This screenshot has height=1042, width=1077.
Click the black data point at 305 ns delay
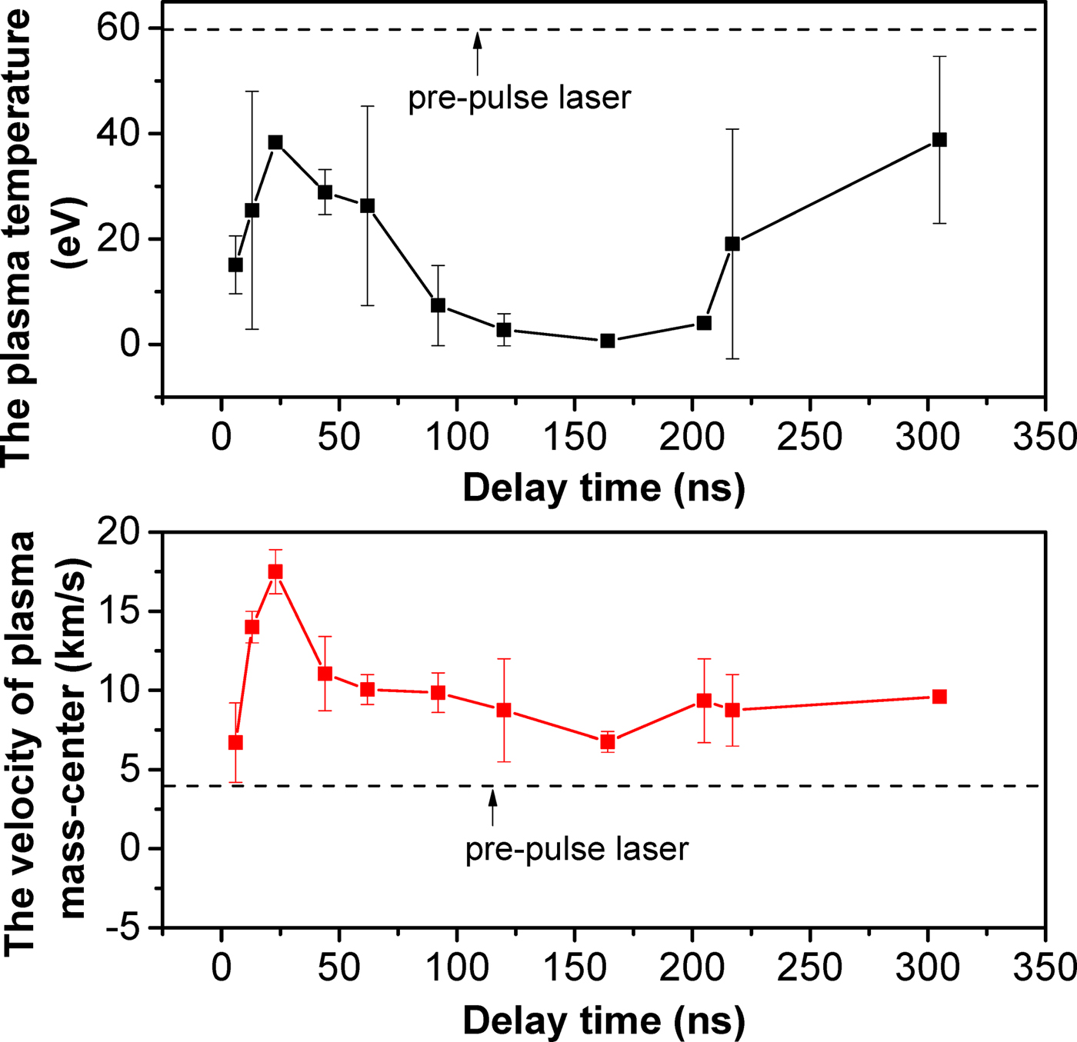tap(939, 140)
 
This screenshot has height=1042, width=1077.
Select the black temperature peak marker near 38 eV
tap(275, 142)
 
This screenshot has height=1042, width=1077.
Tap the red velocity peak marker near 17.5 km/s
tap(275, 571)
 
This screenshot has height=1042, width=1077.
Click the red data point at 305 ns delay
tap(939, 697)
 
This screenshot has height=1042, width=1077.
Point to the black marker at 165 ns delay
tap(608, 341)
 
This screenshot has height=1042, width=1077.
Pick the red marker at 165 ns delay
tap(608, 742)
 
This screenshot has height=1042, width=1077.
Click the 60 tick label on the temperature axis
tap(118, 28)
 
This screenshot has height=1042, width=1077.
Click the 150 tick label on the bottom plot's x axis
tap(575, 968)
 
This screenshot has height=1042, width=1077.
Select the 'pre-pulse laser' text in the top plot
tap(519, 98)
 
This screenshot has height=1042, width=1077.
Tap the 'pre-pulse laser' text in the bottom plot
tap(576, 850)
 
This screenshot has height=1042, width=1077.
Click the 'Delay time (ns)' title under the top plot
tap(604, 488)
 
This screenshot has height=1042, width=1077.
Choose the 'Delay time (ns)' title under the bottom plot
tap(604, 1020)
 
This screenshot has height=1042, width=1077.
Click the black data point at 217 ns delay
tap(732, 244)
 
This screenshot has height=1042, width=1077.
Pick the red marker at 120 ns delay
tap(504, 710)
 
